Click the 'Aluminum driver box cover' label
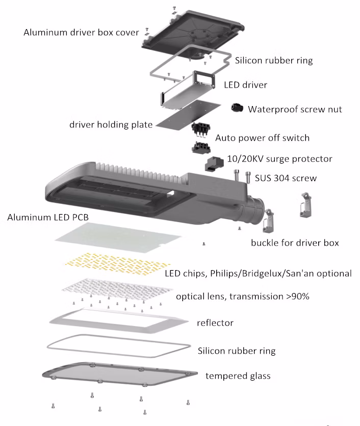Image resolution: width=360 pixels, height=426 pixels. [x=81, y=33]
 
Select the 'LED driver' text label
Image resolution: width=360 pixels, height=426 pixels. [x=246, y=84]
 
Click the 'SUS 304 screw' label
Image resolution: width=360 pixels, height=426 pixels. [x=286, y=178]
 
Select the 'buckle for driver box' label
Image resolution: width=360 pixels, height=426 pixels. [x=295, y=243]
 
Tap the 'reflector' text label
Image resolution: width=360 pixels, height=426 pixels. [x=215, y=323]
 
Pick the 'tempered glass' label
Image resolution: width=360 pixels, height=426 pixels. [x=238, y=376]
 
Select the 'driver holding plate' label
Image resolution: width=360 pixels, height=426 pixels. [x=111, y=124]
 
